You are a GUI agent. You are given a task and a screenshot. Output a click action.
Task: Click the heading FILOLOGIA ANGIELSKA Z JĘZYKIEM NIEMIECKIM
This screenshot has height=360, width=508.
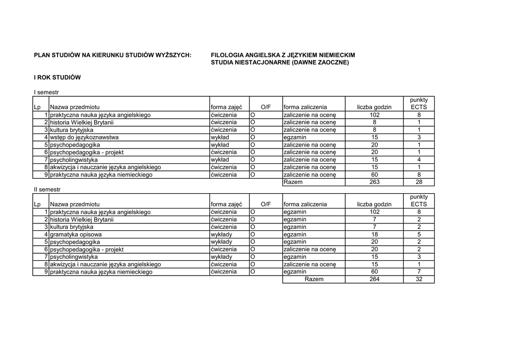click(283, 55)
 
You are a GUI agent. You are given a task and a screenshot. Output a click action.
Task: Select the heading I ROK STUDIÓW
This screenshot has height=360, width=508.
click(57, 78)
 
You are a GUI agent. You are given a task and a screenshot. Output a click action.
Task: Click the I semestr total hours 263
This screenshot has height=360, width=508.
click(375, 182)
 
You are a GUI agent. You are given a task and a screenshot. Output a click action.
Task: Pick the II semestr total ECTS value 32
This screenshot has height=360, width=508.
click(419, 279)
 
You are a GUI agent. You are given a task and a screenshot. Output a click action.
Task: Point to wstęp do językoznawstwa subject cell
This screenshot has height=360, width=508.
click(84, 138)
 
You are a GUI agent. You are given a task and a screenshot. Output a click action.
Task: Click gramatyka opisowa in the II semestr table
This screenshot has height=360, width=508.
click(76, 234)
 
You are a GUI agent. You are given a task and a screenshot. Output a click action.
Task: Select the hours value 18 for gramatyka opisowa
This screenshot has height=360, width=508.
click(375, 234)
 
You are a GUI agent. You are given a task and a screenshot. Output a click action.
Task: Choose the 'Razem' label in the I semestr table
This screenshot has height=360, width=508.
click(293, 182)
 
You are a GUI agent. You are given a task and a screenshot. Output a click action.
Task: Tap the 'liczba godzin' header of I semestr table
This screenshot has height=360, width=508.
click(374, 107)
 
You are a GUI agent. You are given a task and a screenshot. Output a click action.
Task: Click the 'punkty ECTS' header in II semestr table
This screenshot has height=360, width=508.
click(419, 201)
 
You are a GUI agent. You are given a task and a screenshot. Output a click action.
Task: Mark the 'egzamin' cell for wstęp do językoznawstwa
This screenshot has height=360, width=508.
click(295, 138)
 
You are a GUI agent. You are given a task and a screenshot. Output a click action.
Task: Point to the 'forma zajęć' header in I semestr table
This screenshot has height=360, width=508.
click(226, 107)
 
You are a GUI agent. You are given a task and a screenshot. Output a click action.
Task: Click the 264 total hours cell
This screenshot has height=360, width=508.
click(375, 279)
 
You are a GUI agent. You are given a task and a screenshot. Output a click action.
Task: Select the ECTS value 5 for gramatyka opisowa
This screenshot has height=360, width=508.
click(419, 234)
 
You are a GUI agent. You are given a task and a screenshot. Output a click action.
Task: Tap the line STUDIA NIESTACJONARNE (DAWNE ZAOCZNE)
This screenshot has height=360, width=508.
click(280, 63)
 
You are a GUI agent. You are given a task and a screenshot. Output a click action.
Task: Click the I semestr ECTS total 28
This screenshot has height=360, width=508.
click(419, 182)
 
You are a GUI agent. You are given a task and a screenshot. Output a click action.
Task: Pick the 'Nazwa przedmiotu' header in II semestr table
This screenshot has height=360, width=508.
click(74, 204)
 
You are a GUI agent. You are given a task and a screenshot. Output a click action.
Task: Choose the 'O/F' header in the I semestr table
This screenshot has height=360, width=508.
click(265, 107)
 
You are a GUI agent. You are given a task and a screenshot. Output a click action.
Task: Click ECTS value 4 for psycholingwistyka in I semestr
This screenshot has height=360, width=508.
click(419, 160)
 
